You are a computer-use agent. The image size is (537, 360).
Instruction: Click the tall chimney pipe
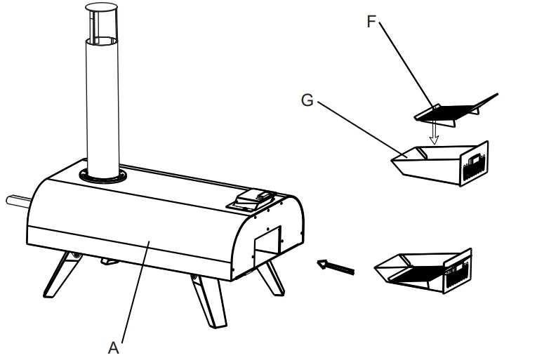[101, 105]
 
